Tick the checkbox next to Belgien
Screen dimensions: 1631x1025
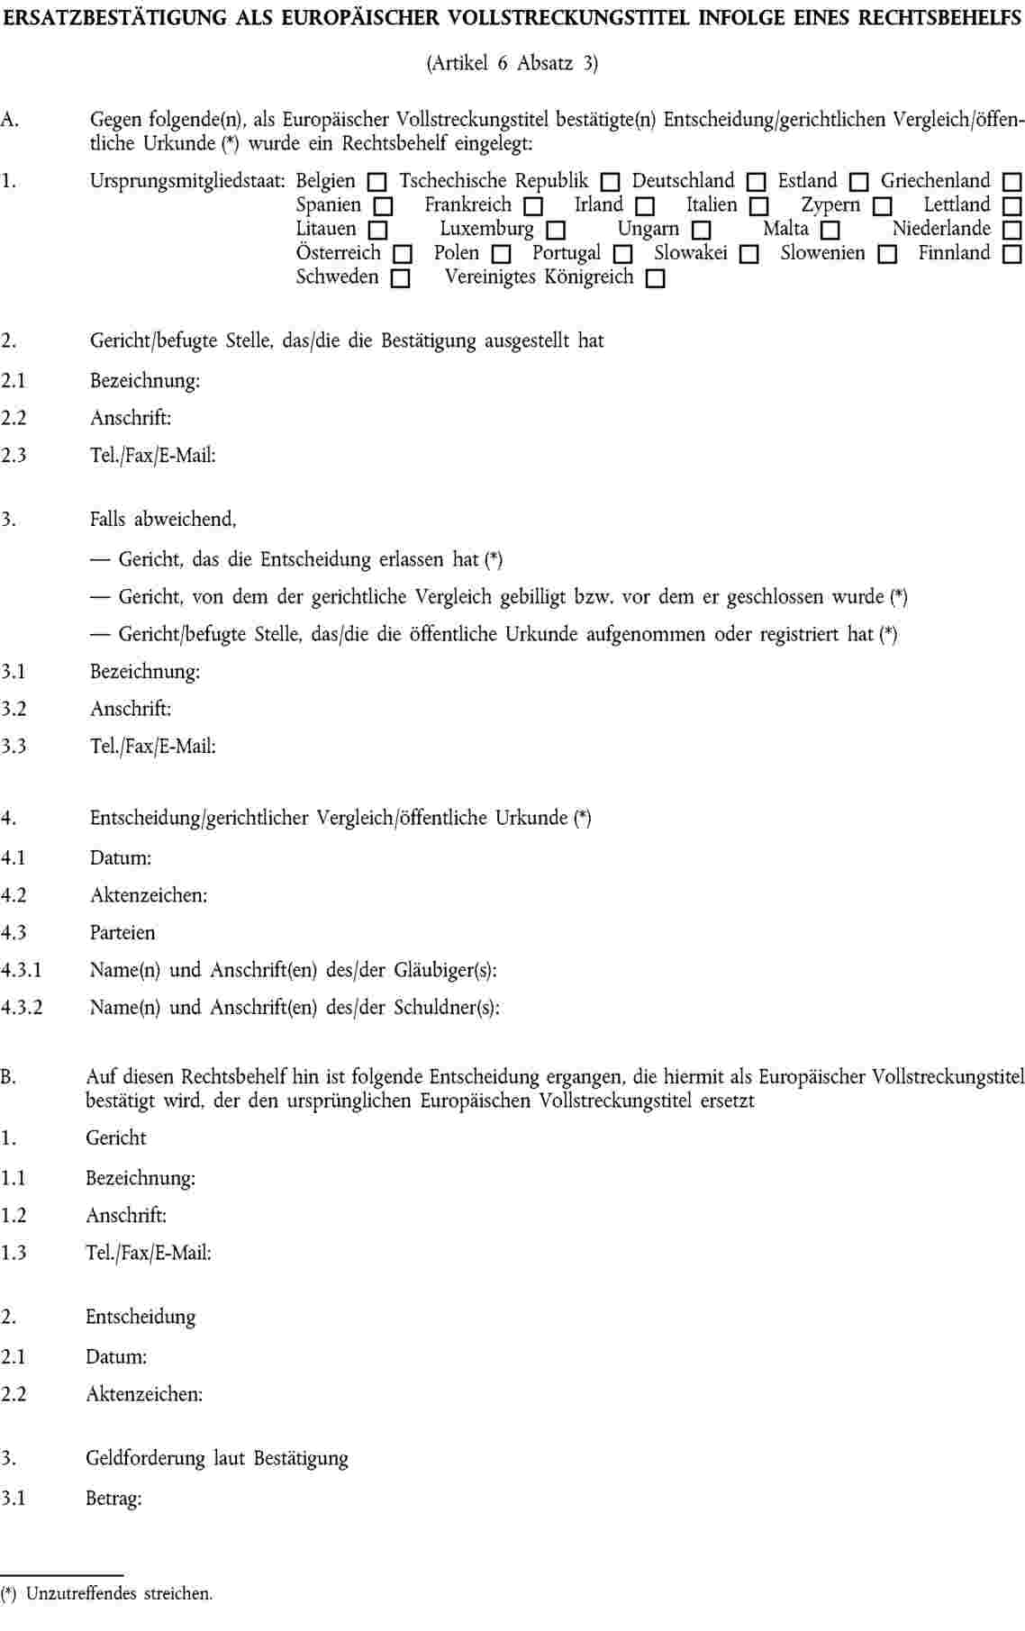point(377,183)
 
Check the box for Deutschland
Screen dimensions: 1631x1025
point(757,183)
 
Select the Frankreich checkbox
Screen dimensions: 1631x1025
point(533,207)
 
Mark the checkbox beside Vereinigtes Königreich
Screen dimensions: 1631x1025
point(656,279)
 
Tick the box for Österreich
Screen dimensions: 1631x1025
point(403,255)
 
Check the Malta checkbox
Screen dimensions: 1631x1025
point(830,231)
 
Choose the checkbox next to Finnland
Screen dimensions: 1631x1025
point(1012,255)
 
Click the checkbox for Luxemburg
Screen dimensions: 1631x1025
point(556,231)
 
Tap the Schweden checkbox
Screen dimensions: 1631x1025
point(401,279)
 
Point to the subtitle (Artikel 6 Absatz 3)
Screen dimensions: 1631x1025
point(512,63)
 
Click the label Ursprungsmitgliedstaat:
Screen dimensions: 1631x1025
point(187,181)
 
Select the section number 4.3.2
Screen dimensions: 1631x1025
point(22,1008)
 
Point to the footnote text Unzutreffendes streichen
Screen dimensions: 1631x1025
point(119,1594)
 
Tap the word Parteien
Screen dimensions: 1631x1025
point(122,933)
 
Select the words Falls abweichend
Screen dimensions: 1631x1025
point(162,520)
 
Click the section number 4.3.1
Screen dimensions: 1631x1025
point(22,971)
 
